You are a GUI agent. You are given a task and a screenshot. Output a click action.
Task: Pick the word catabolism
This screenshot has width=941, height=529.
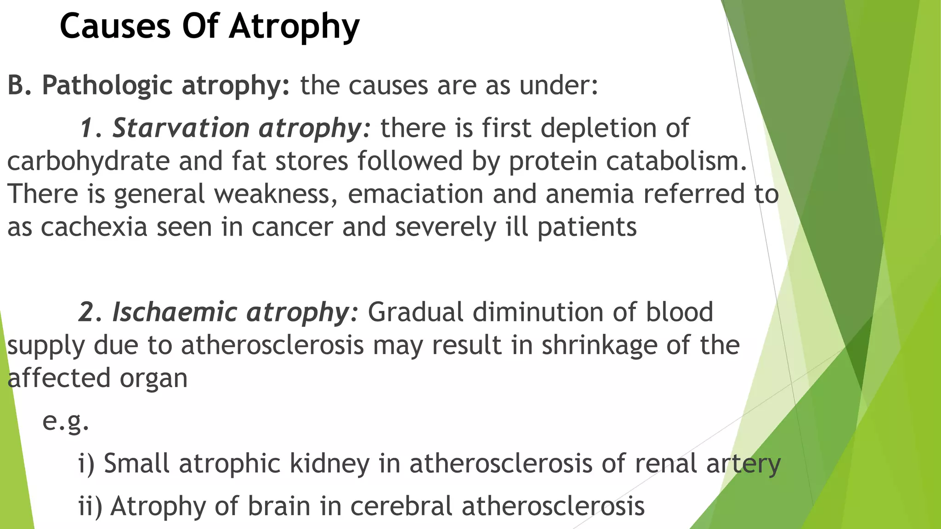pyautogui.click(x=676, y=162)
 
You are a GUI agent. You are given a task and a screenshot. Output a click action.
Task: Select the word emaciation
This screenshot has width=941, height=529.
pyautogui.click(x=415, y=194)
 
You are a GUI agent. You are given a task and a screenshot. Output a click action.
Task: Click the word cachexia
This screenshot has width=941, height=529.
pyautogui.click(x=94, y=227)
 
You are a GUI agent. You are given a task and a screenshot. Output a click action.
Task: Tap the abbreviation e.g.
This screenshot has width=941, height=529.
pyautogui.click(x=65, y=421)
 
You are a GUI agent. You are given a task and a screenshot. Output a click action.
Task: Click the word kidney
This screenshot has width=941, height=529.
pyautogui.click(x=329, y=463)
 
